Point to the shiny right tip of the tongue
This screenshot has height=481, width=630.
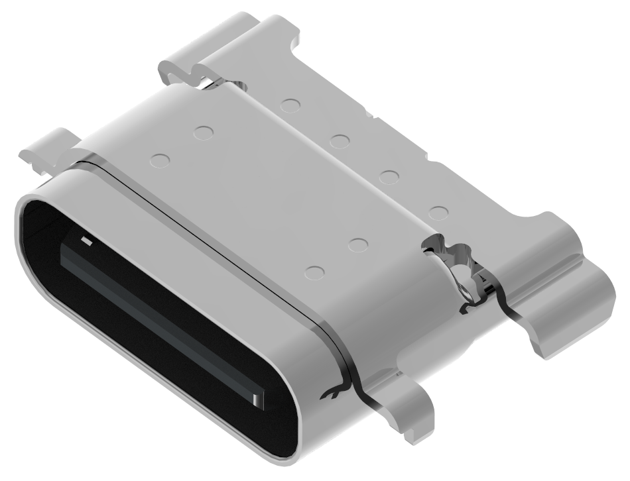258,398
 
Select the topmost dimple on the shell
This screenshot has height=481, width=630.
289,104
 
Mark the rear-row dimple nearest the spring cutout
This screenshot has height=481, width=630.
438,213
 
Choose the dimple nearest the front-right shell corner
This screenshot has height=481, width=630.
315,271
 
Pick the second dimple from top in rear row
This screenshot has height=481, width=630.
340,140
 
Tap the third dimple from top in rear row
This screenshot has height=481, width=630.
389,176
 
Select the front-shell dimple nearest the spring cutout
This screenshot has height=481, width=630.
359,244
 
